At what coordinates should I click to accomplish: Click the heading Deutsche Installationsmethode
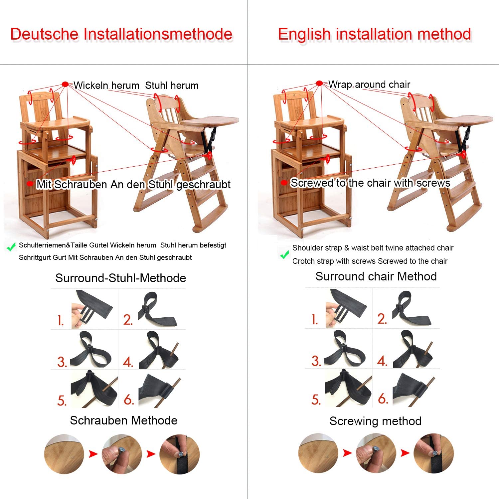[x=121, y=34]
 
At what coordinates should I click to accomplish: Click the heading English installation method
[x=375, y=34]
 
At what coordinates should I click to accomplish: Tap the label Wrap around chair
[x=369, y=84]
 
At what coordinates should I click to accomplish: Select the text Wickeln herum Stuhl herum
[x=136, y=85]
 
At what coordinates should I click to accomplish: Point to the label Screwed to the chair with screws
[x=370, y=183]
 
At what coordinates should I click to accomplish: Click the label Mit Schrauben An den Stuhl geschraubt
[x=133, y=184]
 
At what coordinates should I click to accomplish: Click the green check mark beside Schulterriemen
[x=11, y=247]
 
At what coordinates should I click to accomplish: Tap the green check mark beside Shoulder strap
[x=284, y=255]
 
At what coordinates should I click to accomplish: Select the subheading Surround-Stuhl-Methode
[x=121, y=278]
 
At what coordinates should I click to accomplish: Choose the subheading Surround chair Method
[x=376, y=276]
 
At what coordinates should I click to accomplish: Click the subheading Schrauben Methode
[x=123, y=420]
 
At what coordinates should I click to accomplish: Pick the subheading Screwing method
[x=375, y=421]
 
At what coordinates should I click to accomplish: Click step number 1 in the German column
[x=61, y=321]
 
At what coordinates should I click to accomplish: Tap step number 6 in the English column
[x=383, y=398]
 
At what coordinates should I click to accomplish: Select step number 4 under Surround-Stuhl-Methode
[x=128, y=362]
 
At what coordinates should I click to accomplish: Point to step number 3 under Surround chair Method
[x=316, y=361]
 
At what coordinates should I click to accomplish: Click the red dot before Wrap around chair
[x=319, y=83]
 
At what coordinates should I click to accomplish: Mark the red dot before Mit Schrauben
[x=30, y=184]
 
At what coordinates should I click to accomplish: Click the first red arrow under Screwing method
[x=347, y=453]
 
